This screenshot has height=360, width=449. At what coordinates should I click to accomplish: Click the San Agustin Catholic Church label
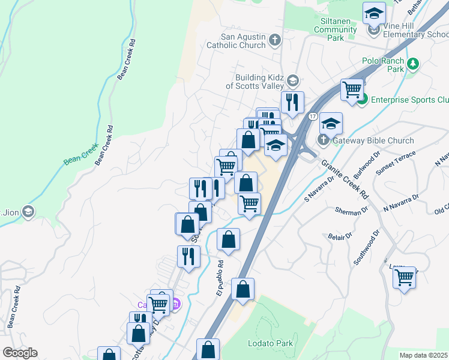(236, 41)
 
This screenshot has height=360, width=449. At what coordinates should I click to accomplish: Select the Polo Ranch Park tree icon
(412, 64)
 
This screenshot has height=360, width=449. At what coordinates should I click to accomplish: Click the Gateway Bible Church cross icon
(324, 140)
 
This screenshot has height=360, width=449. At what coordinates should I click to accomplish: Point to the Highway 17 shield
(313, 116)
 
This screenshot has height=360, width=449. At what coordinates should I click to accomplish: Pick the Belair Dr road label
(340, 237)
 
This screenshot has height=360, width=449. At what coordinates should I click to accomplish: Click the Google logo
(20, 353)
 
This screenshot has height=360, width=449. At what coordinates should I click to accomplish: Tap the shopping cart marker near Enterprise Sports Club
(352, 90)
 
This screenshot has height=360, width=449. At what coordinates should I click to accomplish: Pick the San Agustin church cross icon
(275, 41)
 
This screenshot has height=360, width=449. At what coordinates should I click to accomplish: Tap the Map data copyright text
(423, 355)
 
